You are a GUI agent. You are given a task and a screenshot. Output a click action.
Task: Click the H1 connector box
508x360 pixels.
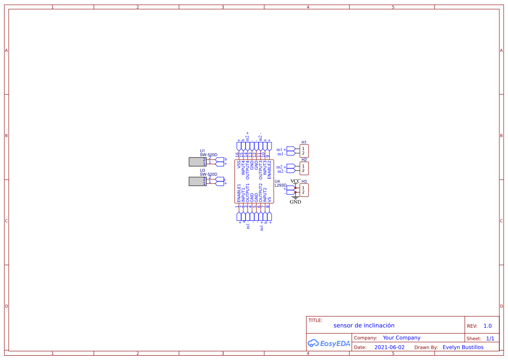coord(304,151)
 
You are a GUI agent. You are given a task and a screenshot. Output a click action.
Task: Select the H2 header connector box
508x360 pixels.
coord(304,168)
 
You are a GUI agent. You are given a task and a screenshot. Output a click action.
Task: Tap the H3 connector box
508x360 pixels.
coord(304,190)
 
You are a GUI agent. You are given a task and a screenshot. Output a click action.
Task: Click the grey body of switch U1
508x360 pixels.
coord(197,162)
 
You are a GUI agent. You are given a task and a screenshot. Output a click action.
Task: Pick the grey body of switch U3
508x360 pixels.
coord(197,181)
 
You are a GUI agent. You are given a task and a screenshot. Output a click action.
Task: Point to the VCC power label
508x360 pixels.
coord(295,181)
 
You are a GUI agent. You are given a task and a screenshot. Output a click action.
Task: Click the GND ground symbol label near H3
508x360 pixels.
coord(295,202)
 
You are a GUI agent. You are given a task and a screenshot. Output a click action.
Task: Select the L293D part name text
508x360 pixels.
coord(280,185)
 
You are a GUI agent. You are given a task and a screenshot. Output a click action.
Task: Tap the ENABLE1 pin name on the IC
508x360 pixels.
coord(239,193)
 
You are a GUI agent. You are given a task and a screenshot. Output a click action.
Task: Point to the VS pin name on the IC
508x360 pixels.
coord(269,199)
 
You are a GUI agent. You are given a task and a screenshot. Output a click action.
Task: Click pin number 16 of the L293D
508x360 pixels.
coord(237,154)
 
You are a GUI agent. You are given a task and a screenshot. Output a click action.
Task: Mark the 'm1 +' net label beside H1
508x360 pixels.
coord(281,150)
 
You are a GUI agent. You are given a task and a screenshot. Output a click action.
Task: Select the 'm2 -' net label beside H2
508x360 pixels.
coord(281,171)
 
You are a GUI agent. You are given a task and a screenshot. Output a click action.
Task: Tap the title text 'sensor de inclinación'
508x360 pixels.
coord(364,325)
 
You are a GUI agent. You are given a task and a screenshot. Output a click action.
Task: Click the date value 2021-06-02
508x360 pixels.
coord(389,347)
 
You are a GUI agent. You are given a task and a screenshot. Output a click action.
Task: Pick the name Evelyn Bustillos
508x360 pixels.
coord(463,347)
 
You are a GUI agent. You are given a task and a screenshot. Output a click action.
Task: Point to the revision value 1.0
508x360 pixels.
coord(488,326)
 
